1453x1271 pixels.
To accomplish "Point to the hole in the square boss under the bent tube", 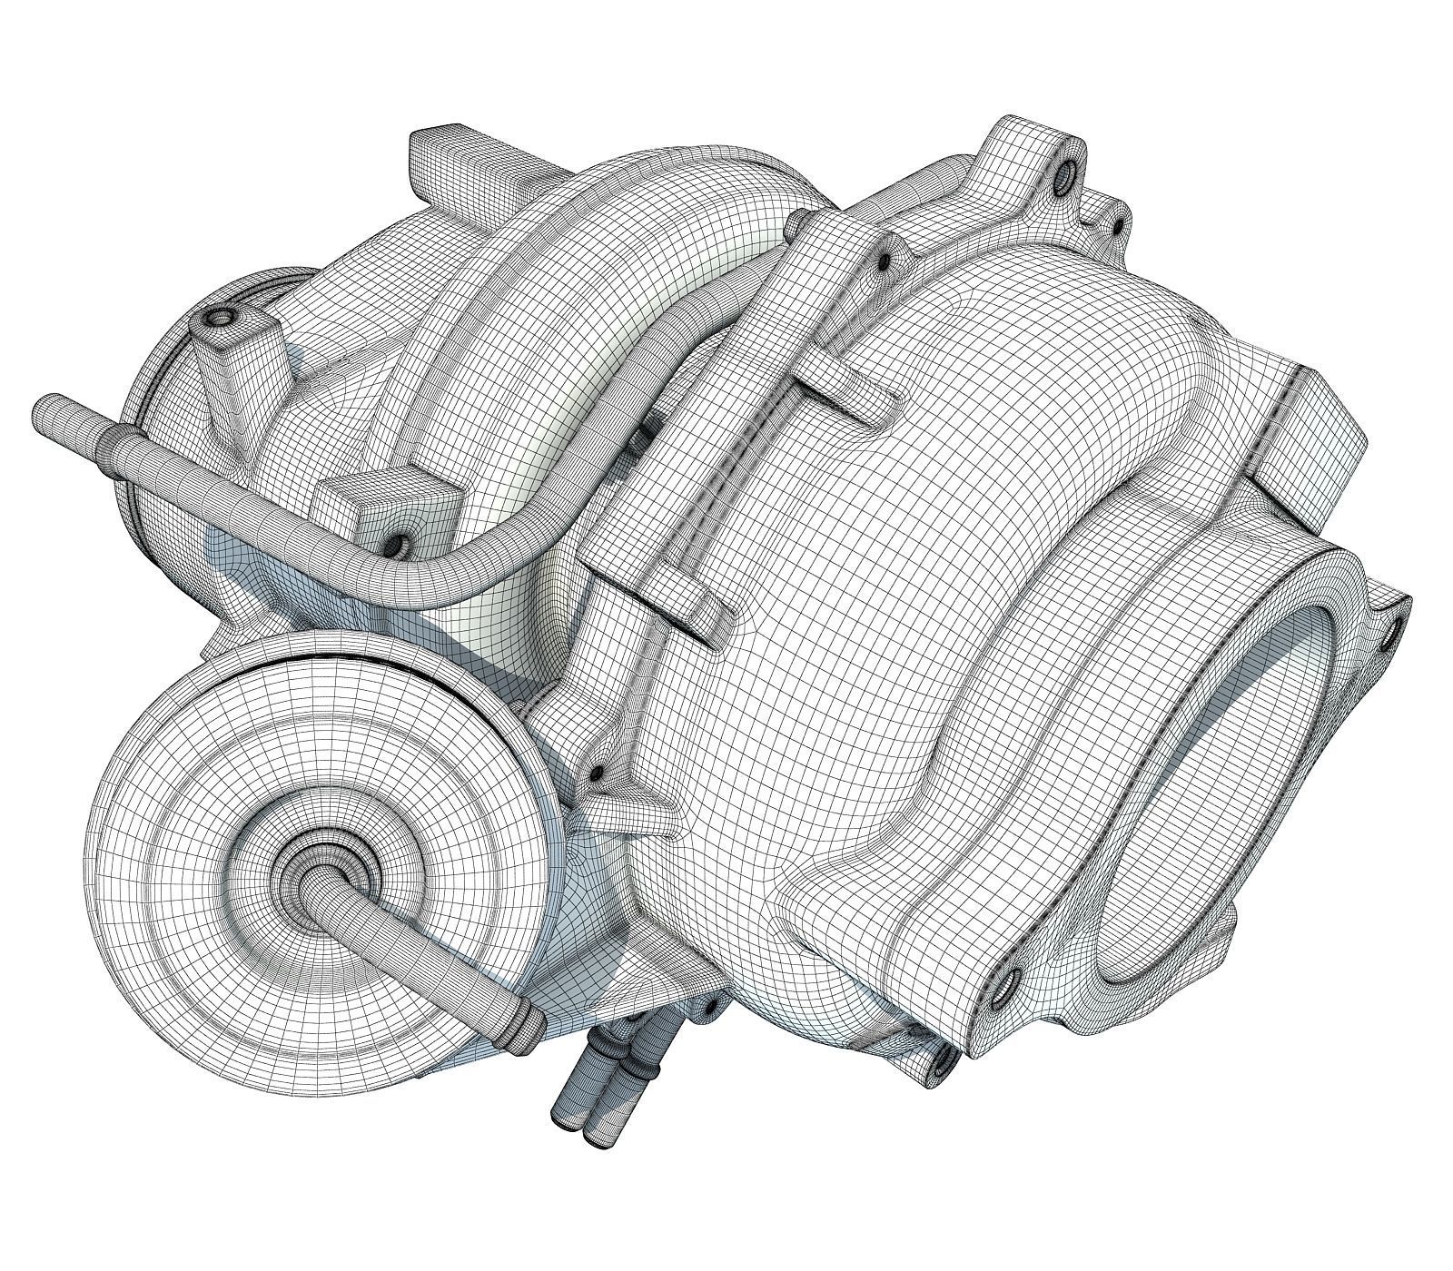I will [x=396, y=546].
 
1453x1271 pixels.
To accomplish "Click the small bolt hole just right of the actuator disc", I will [x=597, y=773].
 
